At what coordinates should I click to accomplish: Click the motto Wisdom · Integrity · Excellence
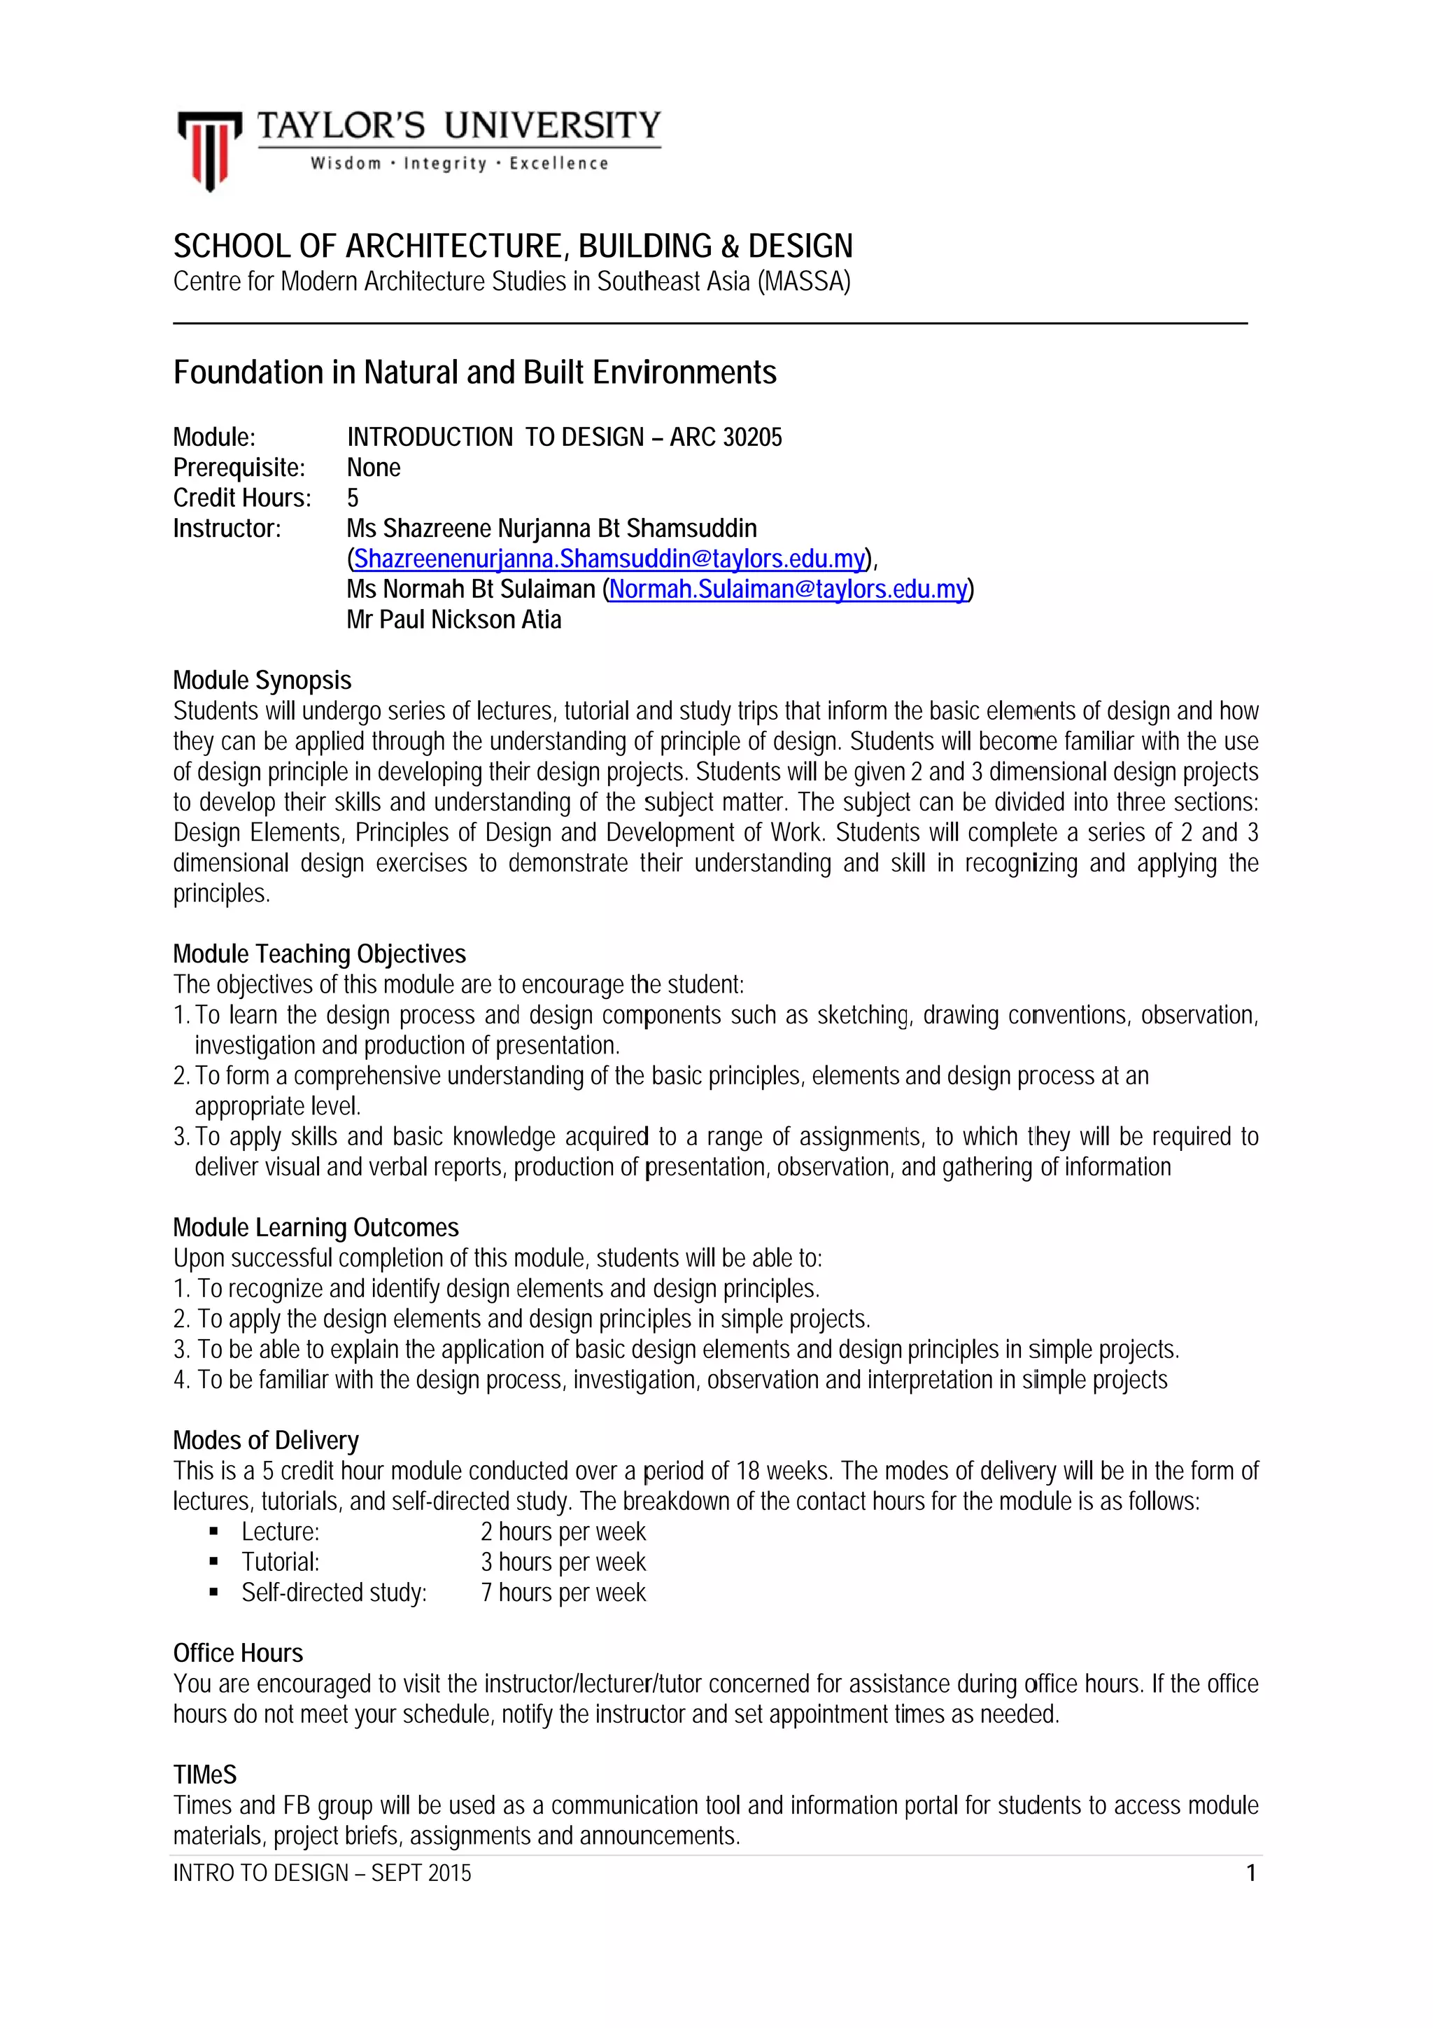(459, 163)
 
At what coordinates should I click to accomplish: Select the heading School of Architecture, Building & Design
(513, 246)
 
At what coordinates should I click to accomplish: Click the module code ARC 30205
(726, 438)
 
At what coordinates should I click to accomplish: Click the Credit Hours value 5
(353, 498)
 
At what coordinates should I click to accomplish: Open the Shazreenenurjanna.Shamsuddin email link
(608, 559)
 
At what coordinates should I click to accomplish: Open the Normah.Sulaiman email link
(788, 589)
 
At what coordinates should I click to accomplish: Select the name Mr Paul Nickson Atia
(454, 620)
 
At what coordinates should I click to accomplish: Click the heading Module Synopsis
(262, 680)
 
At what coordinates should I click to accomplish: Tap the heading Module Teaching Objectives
(320, 954)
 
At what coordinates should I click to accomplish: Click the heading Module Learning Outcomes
(316, 1228)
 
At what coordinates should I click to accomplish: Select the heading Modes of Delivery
(266, 1441)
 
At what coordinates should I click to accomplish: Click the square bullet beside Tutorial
(213, 1562)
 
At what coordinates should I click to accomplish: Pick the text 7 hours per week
(563, 1593)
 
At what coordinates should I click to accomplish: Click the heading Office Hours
(239, 1653)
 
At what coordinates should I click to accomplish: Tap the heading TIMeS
(205, 1775)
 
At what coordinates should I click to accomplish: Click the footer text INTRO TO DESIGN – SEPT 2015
(323, 1873)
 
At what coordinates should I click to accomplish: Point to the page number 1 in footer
(1250, 1873)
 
